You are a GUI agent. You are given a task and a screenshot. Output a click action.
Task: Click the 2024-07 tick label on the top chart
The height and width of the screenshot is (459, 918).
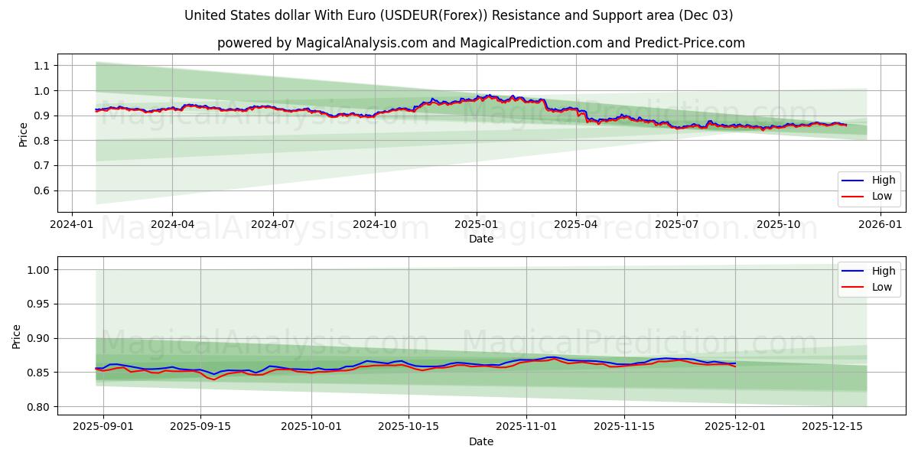click(x=273, y=224)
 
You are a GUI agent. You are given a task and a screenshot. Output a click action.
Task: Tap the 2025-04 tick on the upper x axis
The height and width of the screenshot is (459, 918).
click(x=576, y=224)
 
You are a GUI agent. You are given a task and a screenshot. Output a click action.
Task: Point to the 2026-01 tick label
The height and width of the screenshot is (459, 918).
click(x=880, y=224)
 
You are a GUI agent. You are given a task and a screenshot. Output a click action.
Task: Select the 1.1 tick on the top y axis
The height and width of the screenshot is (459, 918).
click(x=41, y=66)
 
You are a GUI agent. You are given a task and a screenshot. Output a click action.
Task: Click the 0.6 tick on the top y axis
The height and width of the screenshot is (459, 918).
click(x=41, y=190)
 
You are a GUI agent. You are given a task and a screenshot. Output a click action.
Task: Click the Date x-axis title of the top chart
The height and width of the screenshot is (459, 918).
click(x=481, y=239)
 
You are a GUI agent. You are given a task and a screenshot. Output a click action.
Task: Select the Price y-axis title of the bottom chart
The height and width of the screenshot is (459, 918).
click(x=17, y=337)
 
